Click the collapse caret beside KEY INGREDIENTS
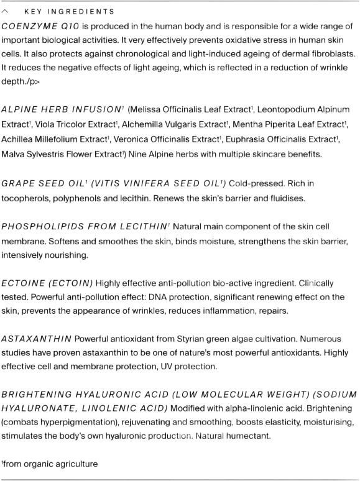click(x=6, y=12)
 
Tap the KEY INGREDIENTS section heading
click(x=69, y=12)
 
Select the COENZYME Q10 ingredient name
click(x=40, y=27)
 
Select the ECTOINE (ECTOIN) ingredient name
click(x=47, y=283)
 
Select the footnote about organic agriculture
click(x=50, y=464)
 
